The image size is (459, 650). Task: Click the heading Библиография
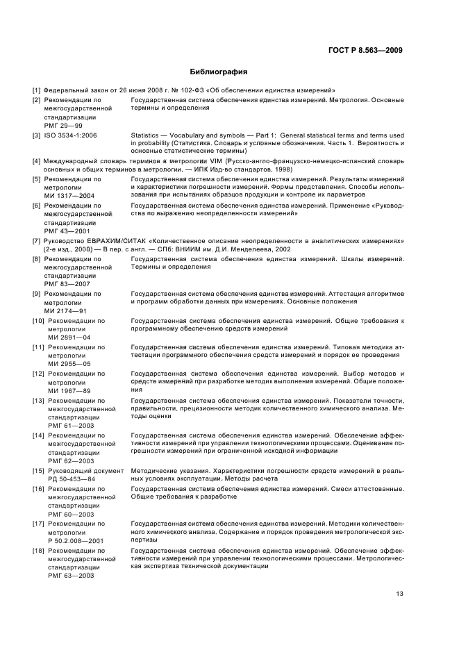point(219,72)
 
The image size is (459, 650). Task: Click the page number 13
point(399,594)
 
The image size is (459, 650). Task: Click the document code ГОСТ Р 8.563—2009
point(366,50)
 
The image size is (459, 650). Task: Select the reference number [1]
point(36,90)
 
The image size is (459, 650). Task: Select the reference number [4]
point(36,161)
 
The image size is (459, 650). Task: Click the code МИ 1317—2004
point(69,196)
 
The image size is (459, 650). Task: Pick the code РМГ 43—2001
point(67,231)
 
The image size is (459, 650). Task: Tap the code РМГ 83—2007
point(67,284)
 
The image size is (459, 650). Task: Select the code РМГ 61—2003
point(67,425)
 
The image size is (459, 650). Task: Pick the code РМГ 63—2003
point(67,576)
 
